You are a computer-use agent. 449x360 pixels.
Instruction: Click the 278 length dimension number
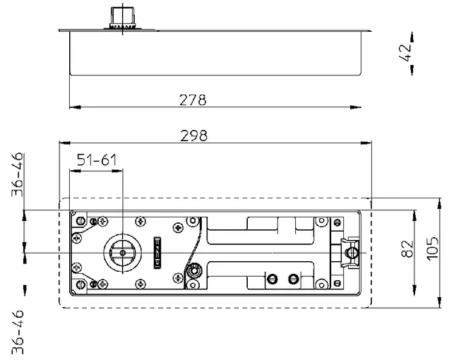click(193, 100)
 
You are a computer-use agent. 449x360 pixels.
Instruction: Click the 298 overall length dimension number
click(193, 136)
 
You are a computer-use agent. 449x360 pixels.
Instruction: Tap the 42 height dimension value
click(405, 53)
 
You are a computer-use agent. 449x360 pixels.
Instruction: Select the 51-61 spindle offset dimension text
click(97, 160)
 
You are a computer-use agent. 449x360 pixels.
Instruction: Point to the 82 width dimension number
click(407, 248)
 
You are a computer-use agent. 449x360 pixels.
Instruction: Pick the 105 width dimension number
click(432, 248)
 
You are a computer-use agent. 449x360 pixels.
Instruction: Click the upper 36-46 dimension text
click(17, 174)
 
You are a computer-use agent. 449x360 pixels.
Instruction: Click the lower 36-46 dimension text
click(17, 332)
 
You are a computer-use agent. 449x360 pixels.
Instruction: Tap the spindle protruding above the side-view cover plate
click(123, 18)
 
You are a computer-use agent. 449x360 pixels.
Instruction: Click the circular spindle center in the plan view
click(123, 253)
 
